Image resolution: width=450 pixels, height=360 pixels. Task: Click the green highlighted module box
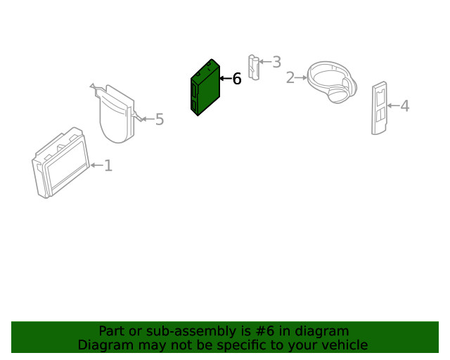pyautogui.click(x=205, y=88)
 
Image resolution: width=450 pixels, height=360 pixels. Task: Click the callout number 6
pyautogui.click(x=237, y=79)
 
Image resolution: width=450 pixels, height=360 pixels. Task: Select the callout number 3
pyautogui.click(x=276, y=62)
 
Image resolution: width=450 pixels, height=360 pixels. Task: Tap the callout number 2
pyautogui.click(x=290, y=78)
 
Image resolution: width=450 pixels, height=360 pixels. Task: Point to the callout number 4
pyautogui.click(x=405, y=105)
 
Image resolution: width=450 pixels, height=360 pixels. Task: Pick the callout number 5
pyautogui.click(x=160, y=119)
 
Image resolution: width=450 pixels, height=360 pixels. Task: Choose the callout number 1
pyautogui.click(x=108, y=166)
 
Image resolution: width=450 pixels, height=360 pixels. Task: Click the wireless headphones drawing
pyautogui.click(x=332, y=82)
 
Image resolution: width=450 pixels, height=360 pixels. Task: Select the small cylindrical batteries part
pyautogui.click(x=254, y=67)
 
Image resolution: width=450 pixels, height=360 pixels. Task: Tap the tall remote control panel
pyautogui.click(x=380, y=108)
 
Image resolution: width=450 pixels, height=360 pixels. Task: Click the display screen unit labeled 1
pyautogui.click(x=61, y=163)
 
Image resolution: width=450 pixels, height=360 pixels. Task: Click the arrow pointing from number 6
pyautogui.click(x=226, y=78)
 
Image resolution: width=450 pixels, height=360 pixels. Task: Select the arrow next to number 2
pyautogui.click(x=301, y=78)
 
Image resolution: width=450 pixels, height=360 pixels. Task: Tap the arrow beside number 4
pyautogui.click(x=393, y=105)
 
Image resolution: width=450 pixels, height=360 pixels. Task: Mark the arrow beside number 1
pyautogui.click(x=97, y=165)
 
